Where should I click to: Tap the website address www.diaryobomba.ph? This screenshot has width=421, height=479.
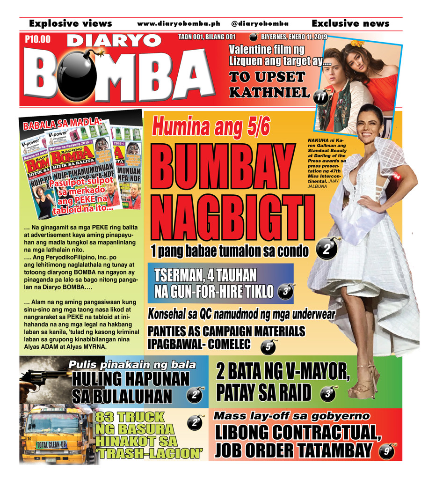point(178,23)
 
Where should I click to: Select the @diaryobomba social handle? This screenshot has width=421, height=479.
point(260,23)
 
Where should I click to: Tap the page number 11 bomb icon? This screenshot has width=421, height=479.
point(320,97)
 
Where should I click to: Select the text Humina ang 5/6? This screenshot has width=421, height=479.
point(211,128)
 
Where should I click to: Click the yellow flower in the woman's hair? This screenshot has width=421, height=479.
point(357,44)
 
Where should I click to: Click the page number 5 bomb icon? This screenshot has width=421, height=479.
point(268,347)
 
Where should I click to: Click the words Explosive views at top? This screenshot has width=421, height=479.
point(70,23)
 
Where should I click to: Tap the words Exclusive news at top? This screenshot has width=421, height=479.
point(350,23)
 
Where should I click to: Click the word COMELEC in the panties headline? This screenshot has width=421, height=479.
point(226,345)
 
